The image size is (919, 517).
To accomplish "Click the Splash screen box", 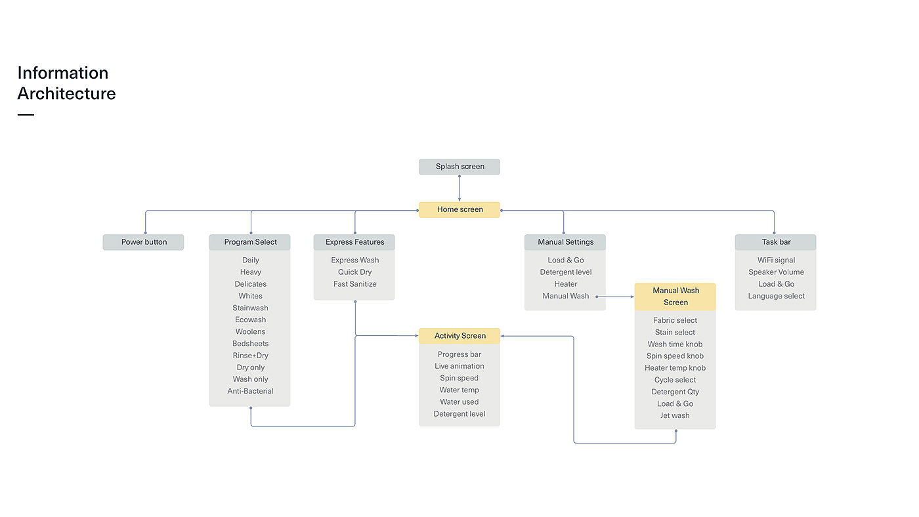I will [x=460, y=167].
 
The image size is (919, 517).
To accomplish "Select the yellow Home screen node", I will [x=460, y=210].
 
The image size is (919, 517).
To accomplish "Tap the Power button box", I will [x=144, y=242].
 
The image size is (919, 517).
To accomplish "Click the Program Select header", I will [x=250, y=242].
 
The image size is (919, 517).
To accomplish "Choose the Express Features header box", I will [x=354, y=242].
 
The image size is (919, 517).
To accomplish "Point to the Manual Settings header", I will [x=565, y=242].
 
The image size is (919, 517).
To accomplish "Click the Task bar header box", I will [x=776, y=242].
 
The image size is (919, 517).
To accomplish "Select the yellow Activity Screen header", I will [x=460, y=336].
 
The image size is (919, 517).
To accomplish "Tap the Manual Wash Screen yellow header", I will [x=675, y=297].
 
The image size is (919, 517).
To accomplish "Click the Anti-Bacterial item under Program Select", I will [x=250, y=392].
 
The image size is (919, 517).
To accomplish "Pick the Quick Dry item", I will [x=354, y=272].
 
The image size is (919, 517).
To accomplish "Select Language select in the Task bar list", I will [x=776, y=297].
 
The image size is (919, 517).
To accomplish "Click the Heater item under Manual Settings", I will [x=565, y=285].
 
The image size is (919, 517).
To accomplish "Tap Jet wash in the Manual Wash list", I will [x=675, y=416].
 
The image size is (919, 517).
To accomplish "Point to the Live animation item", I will [x=460, y=367].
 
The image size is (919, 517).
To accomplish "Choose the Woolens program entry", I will [x=250, y=332].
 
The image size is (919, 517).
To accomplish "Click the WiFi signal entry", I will [x=776, y=260].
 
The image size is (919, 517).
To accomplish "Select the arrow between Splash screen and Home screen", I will [x=460, y=188].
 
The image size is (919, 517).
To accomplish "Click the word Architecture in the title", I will [x=66, y=94].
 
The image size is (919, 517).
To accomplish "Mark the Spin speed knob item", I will [x=675, y=356].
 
